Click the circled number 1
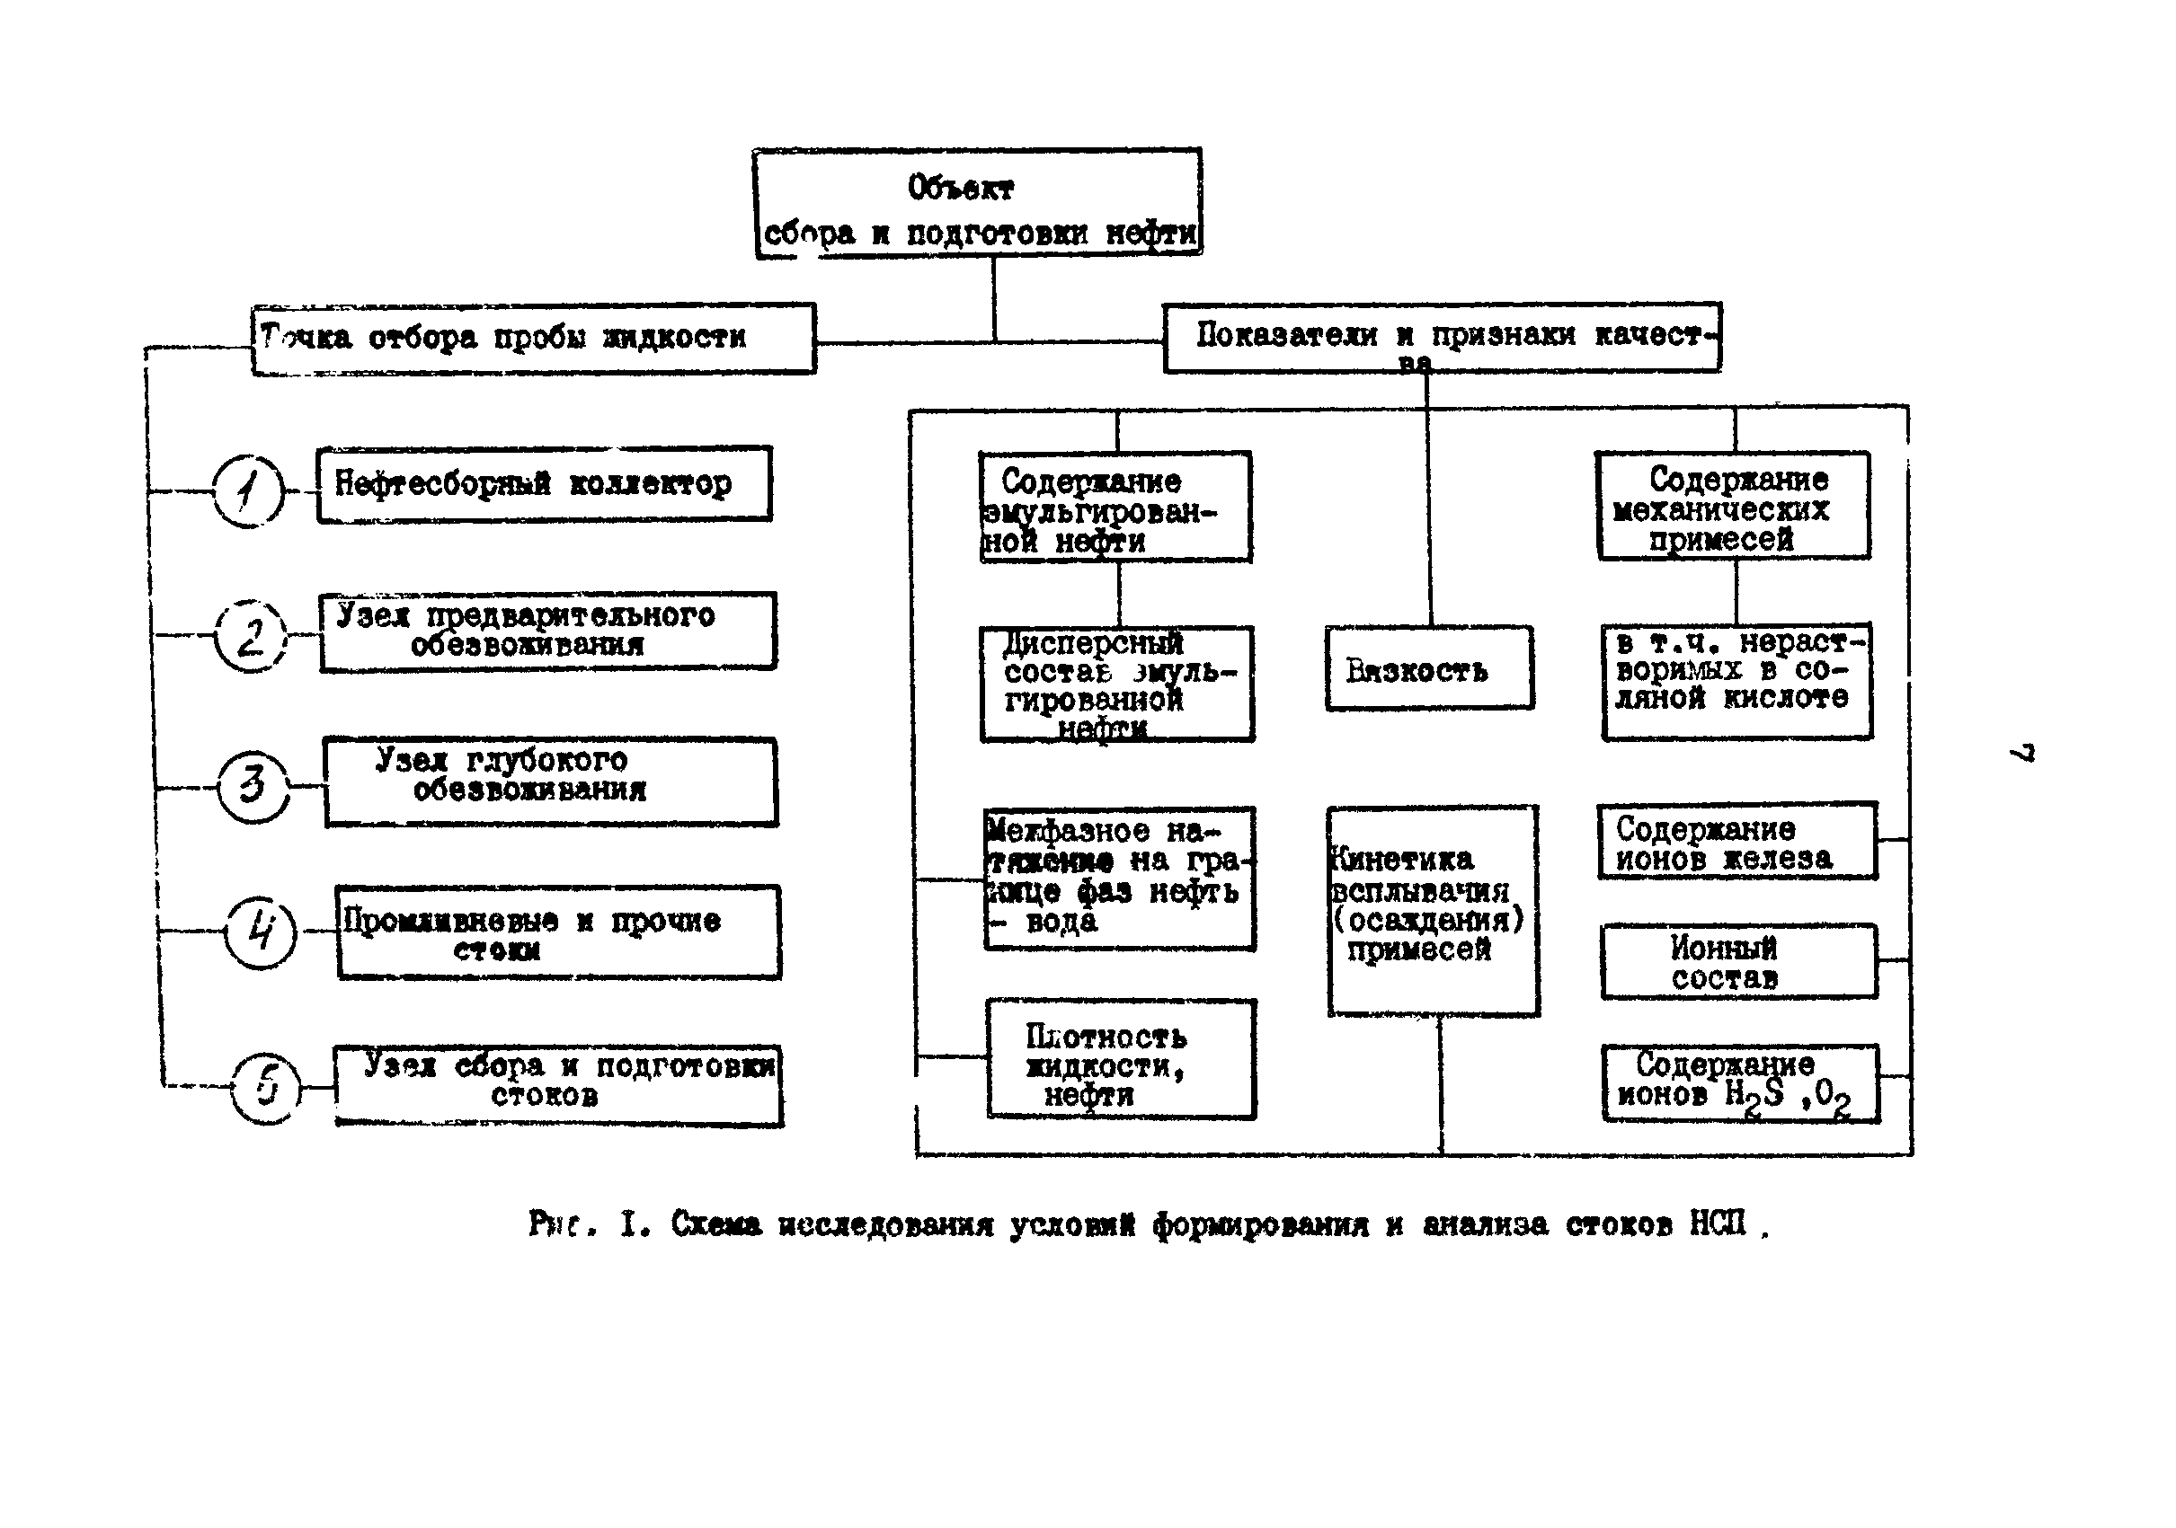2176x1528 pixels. (247, 490)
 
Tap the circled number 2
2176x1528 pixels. (249, 636)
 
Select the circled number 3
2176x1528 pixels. (253, 786)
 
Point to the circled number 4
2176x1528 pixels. (261, 932)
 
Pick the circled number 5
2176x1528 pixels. (266, 1088)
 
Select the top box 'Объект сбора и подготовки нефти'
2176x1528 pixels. (978, 203)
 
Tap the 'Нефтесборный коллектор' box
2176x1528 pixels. (544, 484)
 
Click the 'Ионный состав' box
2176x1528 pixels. (1738, 961)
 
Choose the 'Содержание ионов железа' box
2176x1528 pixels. (1736, 843)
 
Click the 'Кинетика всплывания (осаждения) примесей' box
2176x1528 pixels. (1432, 910)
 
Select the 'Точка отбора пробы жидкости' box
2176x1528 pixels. (533, 338)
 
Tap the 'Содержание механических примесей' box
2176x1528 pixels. (1734, 506)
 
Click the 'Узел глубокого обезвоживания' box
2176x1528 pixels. (550, 782)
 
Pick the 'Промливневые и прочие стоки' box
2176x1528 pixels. (558, 932)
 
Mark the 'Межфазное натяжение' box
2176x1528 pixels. (1119, 879)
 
